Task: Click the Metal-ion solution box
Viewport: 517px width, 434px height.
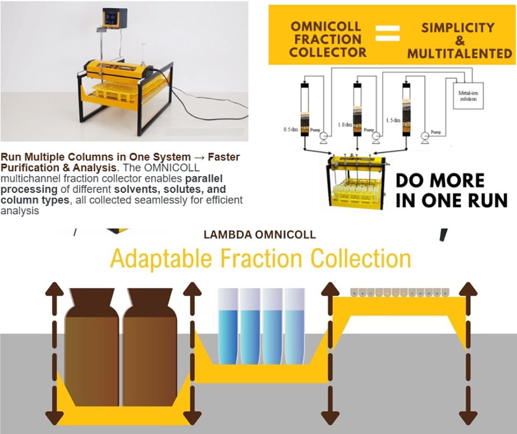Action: (468, 95)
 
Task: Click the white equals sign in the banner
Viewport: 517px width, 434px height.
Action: (387, 33)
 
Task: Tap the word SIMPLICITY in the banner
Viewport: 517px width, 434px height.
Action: (458, 28)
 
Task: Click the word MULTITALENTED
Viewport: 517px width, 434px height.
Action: (459, 53)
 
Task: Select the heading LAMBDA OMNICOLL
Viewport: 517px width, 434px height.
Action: (260, 235)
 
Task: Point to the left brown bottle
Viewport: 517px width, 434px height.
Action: (91, 347)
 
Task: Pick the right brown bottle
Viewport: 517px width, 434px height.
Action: (150, 347)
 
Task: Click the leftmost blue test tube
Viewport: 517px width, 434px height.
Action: (228, 328)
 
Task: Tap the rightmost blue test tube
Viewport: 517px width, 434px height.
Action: (295, 328)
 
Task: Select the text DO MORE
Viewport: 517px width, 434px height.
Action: (440, 181)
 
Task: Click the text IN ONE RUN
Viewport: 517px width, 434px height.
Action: (451, 201)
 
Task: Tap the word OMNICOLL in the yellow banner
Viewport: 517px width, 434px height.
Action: (325, 26)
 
